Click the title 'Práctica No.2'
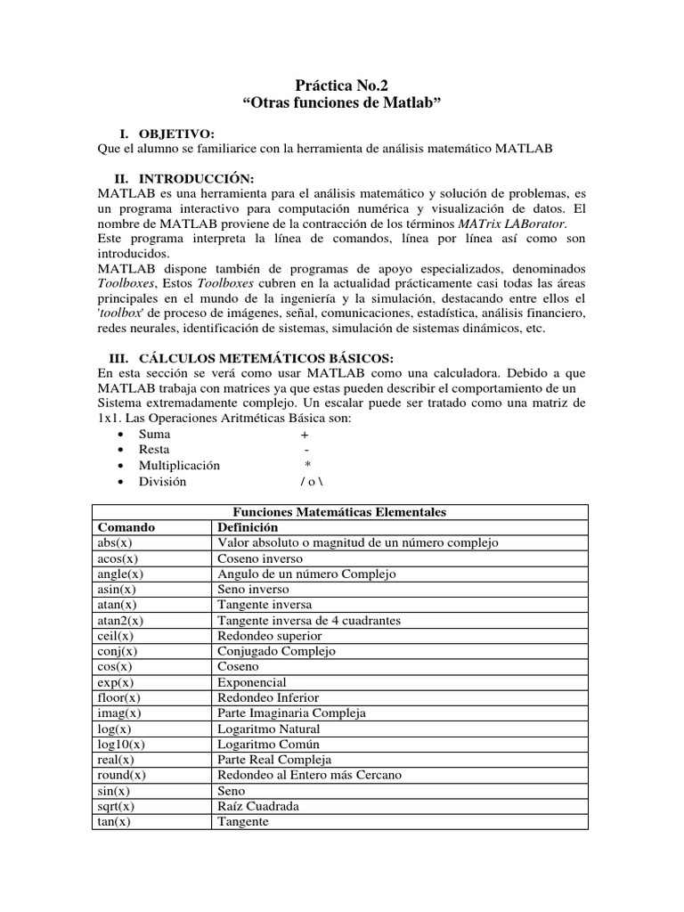341,86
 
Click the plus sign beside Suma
305,435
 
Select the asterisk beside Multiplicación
307,466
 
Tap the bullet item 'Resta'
153,451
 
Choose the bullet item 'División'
162,482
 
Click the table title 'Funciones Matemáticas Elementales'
339,512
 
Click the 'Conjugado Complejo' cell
277,651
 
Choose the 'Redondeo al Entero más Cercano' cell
310,775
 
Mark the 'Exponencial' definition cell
253,682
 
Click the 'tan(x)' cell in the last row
114,821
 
